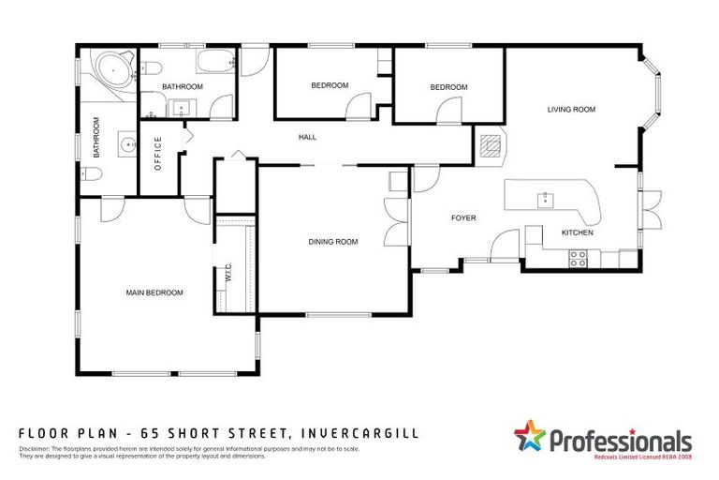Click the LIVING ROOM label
[x=571, y=110]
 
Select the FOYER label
[x=463, y=218]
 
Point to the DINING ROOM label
[x=333, y=242]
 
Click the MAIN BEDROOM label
[x=154, y=292]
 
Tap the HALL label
[x=307, y=137]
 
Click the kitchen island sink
[x=543, y=199]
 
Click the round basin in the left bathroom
[x=125, y=145]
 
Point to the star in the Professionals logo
[x=529, y=437]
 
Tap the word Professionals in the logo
[x=619, y=440]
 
